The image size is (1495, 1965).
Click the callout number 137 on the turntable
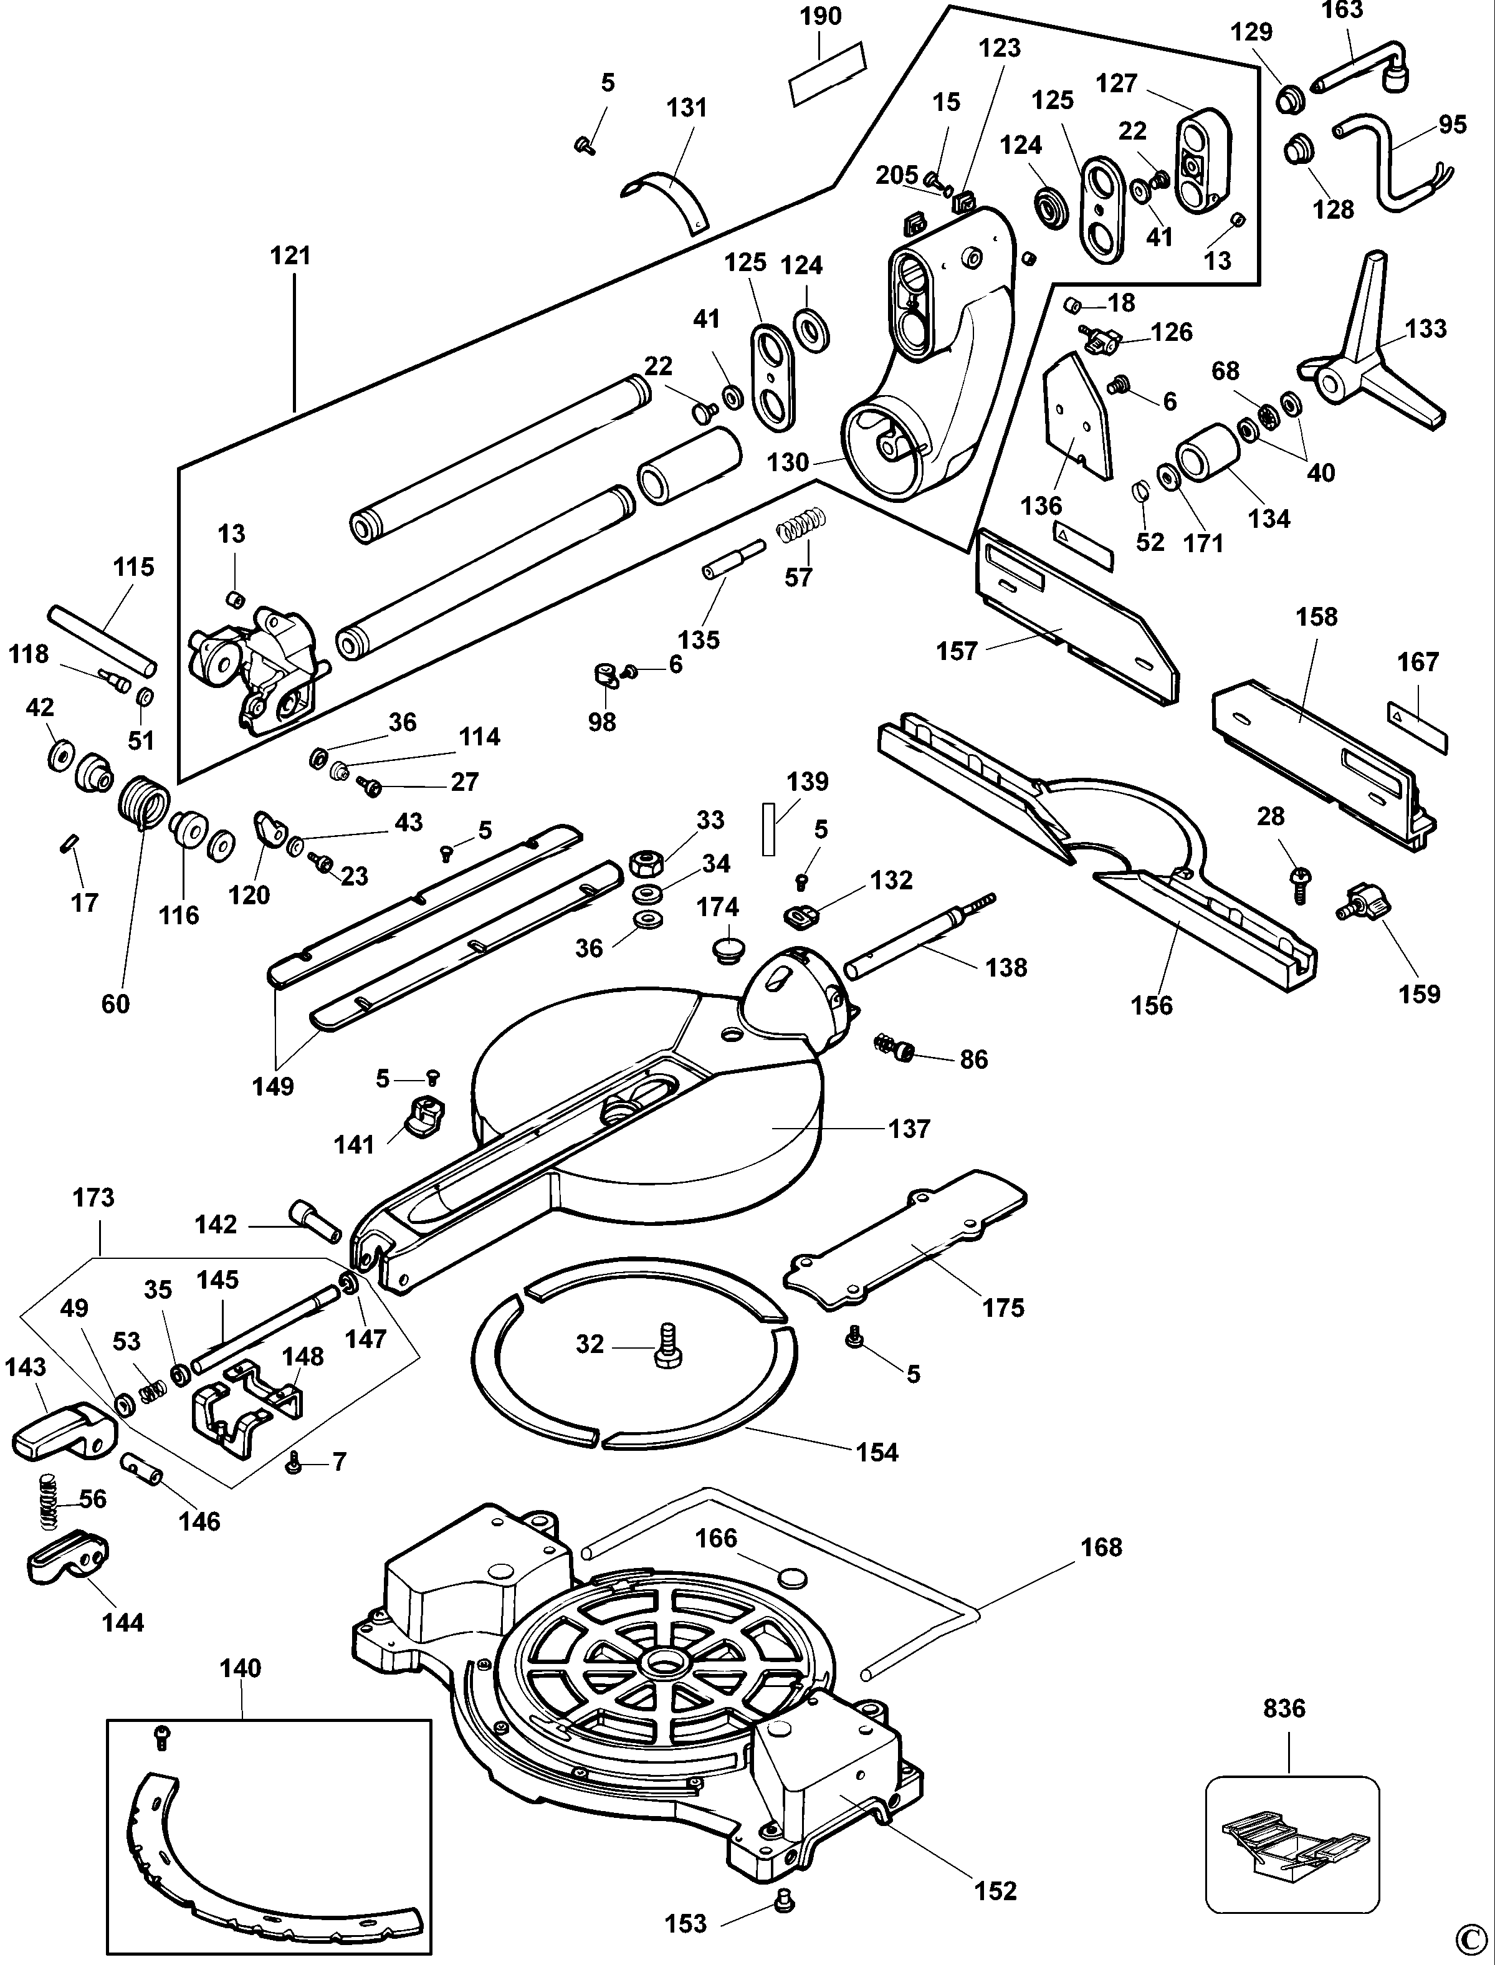[909, 1129]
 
